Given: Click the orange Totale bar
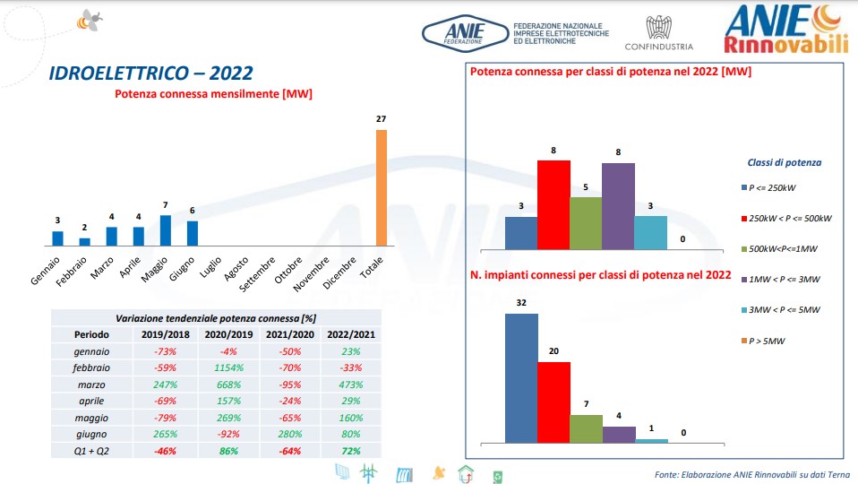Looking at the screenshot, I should [x=381, y=187].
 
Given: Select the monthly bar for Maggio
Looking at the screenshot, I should [x=165, y=230].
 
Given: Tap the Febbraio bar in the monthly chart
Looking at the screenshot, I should [x=84, y=241].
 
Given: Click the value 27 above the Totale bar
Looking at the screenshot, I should [x=381, y=119].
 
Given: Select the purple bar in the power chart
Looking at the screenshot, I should [x=618, y=205].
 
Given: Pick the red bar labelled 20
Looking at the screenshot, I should [x=553, y=401].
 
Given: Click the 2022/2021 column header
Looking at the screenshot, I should [x=350, y=334].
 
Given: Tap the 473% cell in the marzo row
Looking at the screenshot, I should [x=350, y=384].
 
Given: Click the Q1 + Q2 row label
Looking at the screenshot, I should [x=91, y=450].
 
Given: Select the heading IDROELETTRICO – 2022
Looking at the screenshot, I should [x=150, y=73].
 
